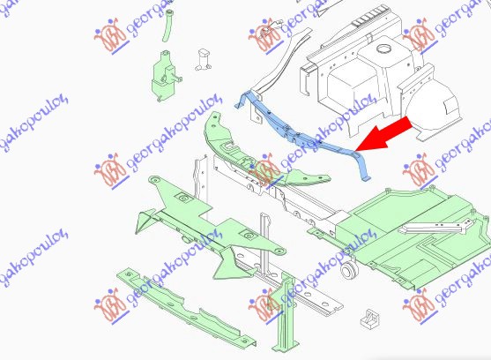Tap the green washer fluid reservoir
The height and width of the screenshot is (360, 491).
click(x=164, y=76)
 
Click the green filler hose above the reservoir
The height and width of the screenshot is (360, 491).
click(x=167, y=26)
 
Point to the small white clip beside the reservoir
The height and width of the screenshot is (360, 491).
click(x=204, y=60)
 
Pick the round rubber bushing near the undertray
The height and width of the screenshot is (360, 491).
click(x=348, y=270)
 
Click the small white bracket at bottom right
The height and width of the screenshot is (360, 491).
click(x=370, y=318)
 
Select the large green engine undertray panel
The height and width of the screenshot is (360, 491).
click(x=407, y=232)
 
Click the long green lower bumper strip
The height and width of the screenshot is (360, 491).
click(x=185, y=307)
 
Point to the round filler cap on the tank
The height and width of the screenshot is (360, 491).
click(x=383, y=49)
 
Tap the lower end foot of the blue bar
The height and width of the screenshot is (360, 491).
click(x=365, y=179)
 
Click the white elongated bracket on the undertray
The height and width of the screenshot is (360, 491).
click(x=437, y=227)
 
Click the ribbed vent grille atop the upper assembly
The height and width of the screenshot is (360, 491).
click(x=368, y=19)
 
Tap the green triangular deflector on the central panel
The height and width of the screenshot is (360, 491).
click(x=232, y=263)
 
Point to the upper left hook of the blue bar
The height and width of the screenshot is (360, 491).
click(x=242, y=100)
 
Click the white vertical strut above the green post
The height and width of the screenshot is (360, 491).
click(x=265, y=241)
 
